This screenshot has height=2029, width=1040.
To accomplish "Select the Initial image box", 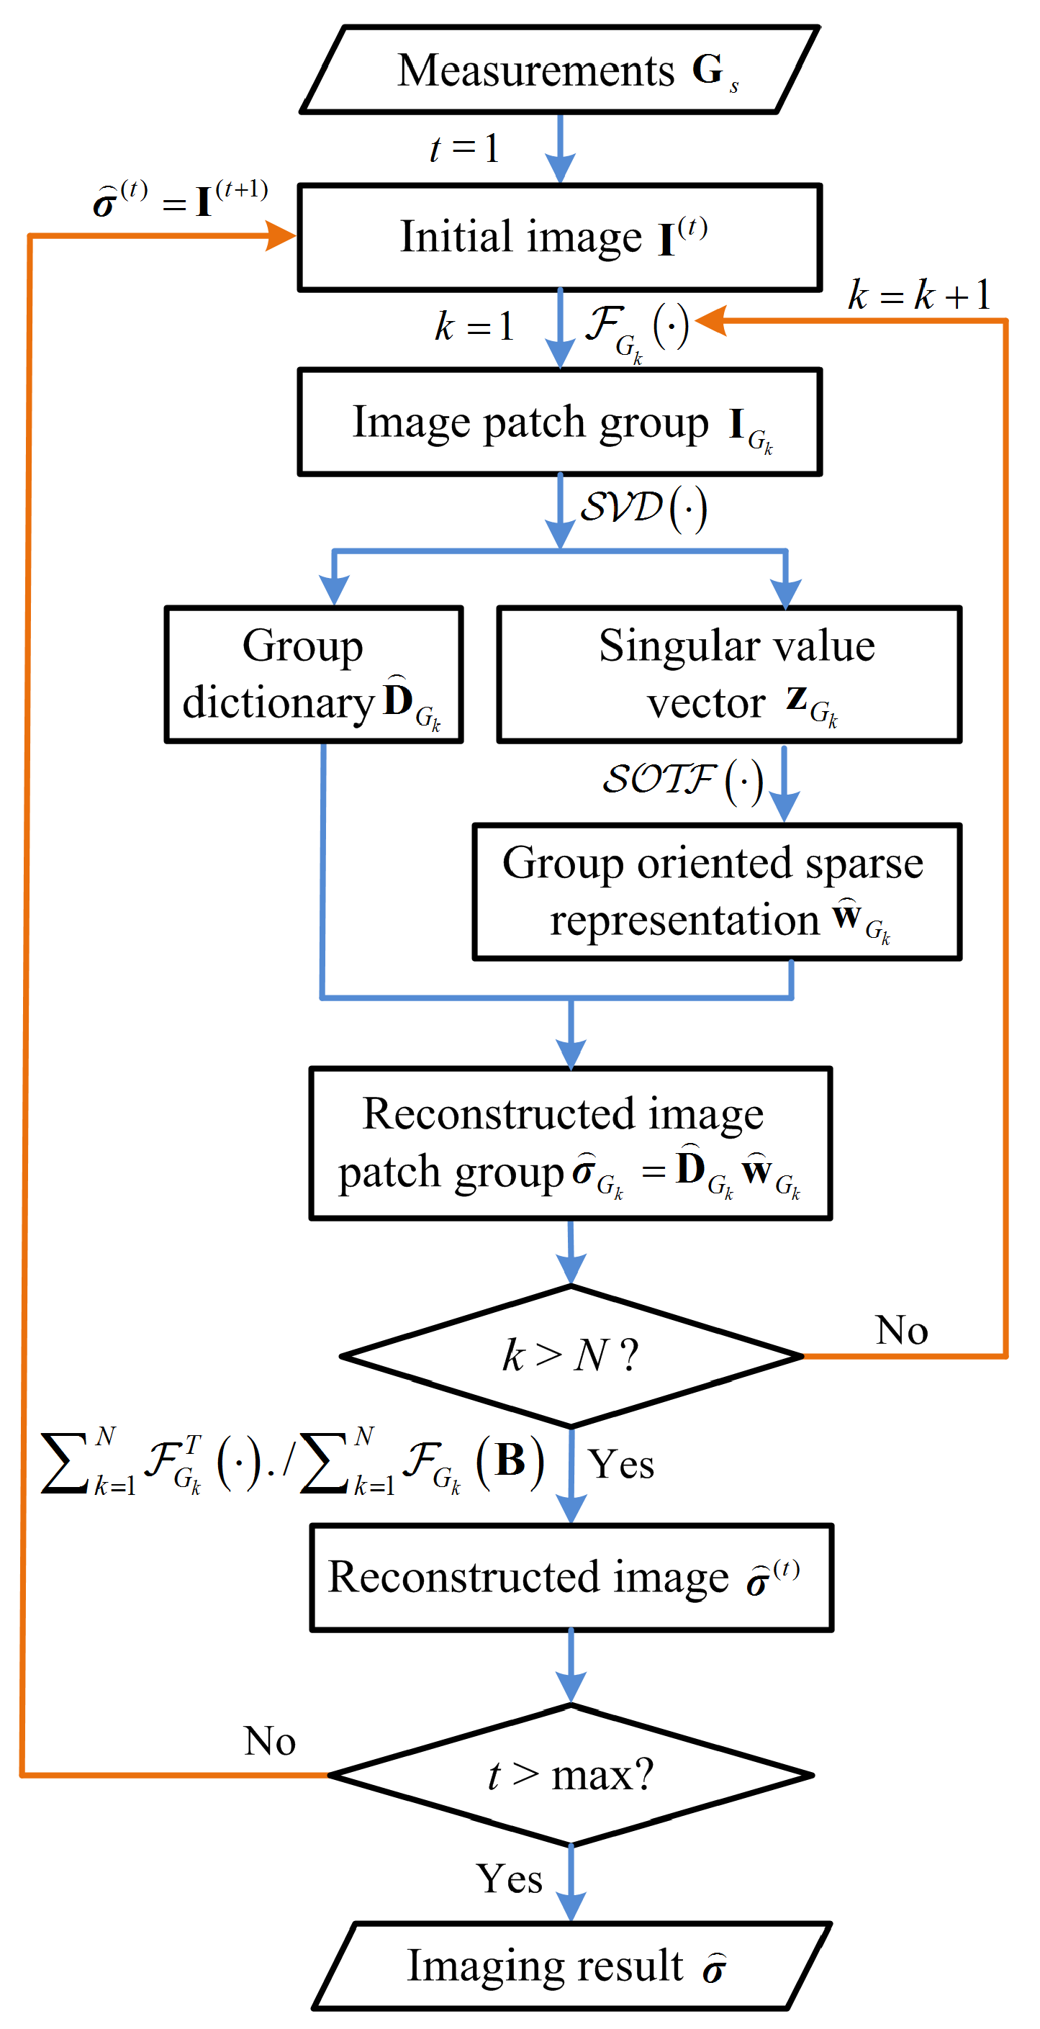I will pos(559,238).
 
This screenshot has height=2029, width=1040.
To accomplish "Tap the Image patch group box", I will pos(559,423).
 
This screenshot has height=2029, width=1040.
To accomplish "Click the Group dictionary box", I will pos(314,675).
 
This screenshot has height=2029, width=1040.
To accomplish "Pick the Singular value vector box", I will pos(729,675).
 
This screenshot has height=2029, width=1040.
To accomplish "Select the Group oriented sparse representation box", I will pos(716,893).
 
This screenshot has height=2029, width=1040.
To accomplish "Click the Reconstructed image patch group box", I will pos(571,1144).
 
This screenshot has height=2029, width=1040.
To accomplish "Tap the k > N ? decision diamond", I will pos(571,1356).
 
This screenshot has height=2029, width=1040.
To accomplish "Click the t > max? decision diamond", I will pos(571,1776).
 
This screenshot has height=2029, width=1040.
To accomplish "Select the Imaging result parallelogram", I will pos(571,1966).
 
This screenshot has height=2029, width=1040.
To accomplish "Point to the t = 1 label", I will pos(464,148).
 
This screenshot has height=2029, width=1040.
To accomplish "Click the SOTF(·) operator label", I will pos(682,780).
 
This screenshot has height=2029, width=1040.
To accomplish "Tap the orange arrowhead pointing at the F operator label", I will pos(710,320).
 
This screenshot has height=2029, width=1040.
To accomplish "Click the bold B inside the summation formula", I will pos(510,1460).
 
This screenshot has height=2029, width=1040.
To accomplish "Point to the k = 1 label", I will pos(474,326).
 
